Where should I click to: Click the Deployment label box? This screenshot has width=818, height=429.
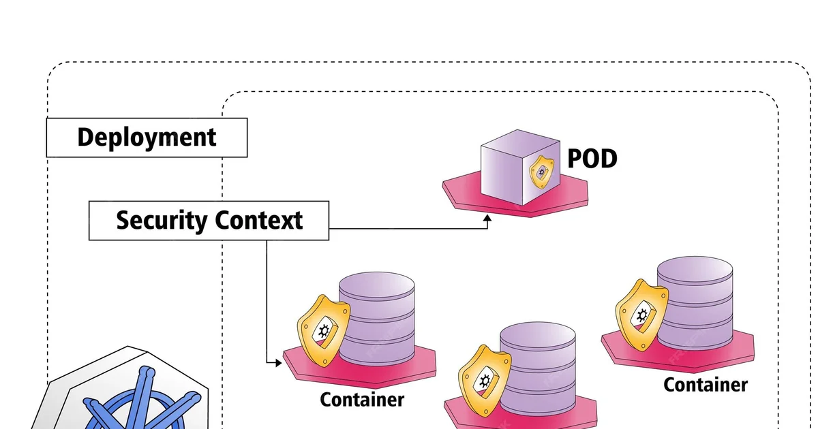pos(147,138)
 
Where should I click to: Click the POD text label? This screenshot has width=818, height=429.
pos(592,159)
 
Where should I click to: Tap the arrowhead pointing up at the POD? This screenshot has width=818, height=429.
pos(487,219)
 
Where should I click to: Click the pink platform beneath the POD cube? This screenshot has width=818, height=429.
pos(477,194)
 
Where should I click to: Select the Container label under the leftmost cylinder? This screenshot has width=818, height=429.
pos(362,400)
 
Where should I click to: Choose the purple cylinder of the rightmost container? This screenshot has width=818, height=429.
pos(695,303)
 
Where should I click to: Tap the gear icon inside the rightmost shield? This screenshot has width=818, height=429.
pos(641,315)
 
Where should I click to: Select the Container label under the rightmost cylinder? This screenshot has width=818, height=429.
pos(706,385)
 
